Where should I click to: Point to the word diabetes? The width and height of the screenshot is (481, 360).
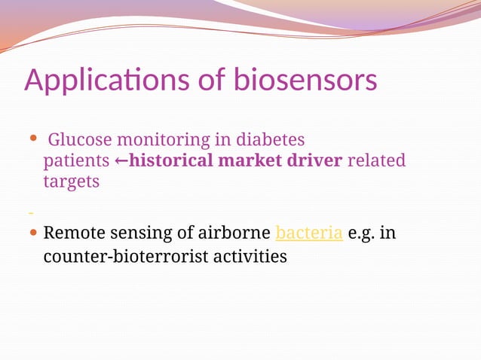coord(270,140)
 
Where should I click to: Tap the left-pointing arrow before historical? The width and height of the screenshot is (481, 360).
coord(121,161)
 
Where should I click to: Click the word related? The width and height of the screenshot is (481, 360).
coord(376,160)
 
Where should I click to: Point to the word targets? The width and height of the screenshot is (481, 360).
coord(71,182)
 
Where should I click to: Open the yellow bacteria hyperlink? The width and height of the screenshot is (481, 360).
coord(310,233)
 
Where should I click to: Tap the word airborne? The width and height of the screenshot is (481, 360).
coord(233,233)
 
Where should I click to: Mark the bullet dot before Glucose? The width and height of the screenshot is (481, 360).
coord(32,139)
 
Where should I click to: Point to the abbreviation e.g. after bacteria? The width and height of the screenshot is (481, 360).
coord(363,234)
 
